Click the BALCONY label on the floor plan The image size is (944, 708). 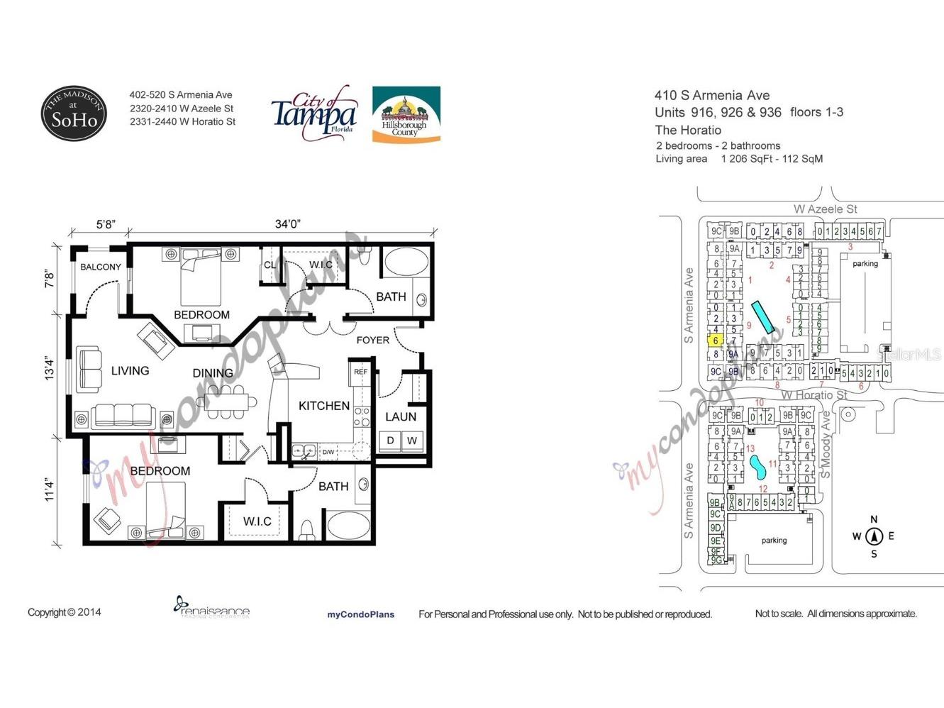pyautogui.click(x=100, y=267)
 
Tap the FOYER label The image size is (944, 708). pyautogui.click(x=372, y=340)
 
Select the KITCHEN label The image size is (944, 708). pyautogui.click(x=323, y=406)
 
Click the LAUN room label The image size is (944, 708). pyautogui.click(x=400, y=416)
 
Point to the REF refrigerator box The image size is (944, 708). pyautogui.click(x=360, y=372)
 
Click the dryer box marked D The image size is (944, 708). pyautogui.click(x=390, y=441)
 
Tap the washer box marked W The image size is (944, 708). pyautogui.click(x=412, y=441)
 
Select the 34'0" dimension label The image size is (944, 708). pyautogui.click(x=287, y=224)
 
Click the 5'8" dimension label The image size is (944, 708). pyautogui.click(x=105, y=224)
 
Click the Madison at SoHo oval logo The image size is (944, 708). pyautogui.click(x=74, y=114)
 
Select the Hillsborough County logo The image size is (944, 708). pyautogui.click(x=406, y=115)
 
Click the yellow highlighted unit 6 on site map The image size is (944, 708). pyautogui.click(x=716, y=341)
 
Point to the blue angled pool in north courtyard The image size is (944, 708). pyautogui.click(x=762, y=317)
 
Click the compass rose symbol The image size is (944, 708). pyautogui.click(x=874, y=536)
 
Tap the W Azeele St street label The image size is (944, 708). pyautogui.click(x=825, y=209)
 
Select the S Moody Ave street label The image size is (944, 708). pyautogui.click(x=826, y=443)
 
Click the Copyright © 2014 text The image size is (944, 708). pyautogui.click(x=64, y=612)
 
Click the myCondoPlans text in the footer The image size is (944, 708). pyautogui.click(x=360, y=614)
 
